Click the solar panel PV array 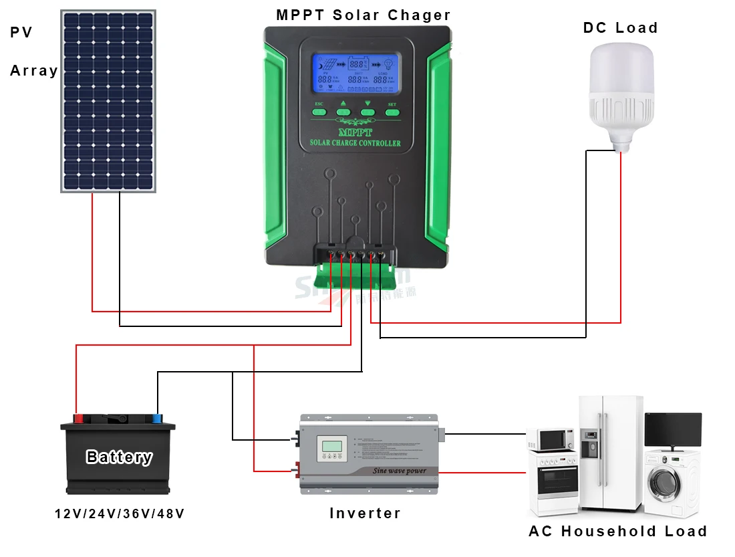point(108,100)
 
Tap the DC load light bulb point(619,94)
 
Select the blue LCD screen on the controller point(358,73)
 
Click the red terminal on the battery point(78,419)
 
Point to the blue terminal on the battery point(157,419)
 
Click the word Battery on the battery point(119,457)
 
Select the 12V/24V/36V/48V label point(120,514)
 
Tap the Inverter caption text point(365,514)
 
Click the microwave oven point(551,439)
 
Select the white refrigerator point(610,451)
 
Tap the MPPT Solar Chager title point(363,15)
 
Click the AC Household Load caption point(617,532)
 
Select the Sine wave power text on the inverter point(399,471)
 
